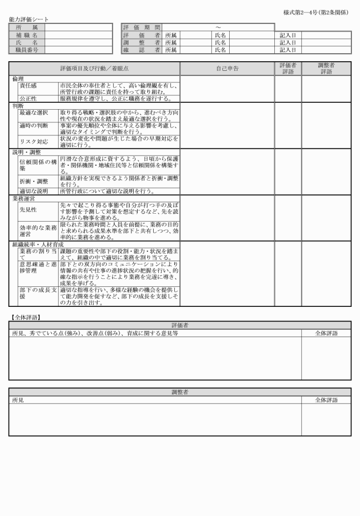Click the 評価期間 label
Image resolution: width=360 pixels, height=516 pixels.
141,27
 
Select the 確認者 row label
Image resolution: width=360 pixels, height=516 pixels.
141,50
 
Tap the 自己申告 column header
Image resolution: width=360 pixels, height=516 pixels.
227,69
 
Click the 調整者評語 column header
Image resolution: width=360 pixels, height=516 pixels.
326,69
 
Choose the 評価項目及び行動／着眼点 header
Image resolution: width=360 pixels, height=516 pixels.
94,69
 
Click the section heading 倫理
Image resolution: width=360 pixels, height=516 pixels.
18,78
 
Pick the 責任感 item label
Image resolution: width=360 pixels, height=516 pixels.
29,85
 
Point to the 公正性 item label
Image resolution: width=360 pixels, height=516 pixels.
29,98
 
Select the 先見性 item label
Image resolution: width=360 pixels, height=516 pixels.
29,210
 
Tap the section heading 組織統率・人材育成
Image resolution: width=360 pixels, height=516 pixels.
38,244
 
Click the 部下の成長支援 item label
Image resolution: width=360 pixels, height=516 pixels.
38,296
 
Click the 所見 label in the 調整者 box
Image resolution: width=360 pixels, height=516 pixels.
18,400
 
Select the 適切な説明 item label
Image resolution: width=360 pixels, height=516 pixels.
34,191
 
